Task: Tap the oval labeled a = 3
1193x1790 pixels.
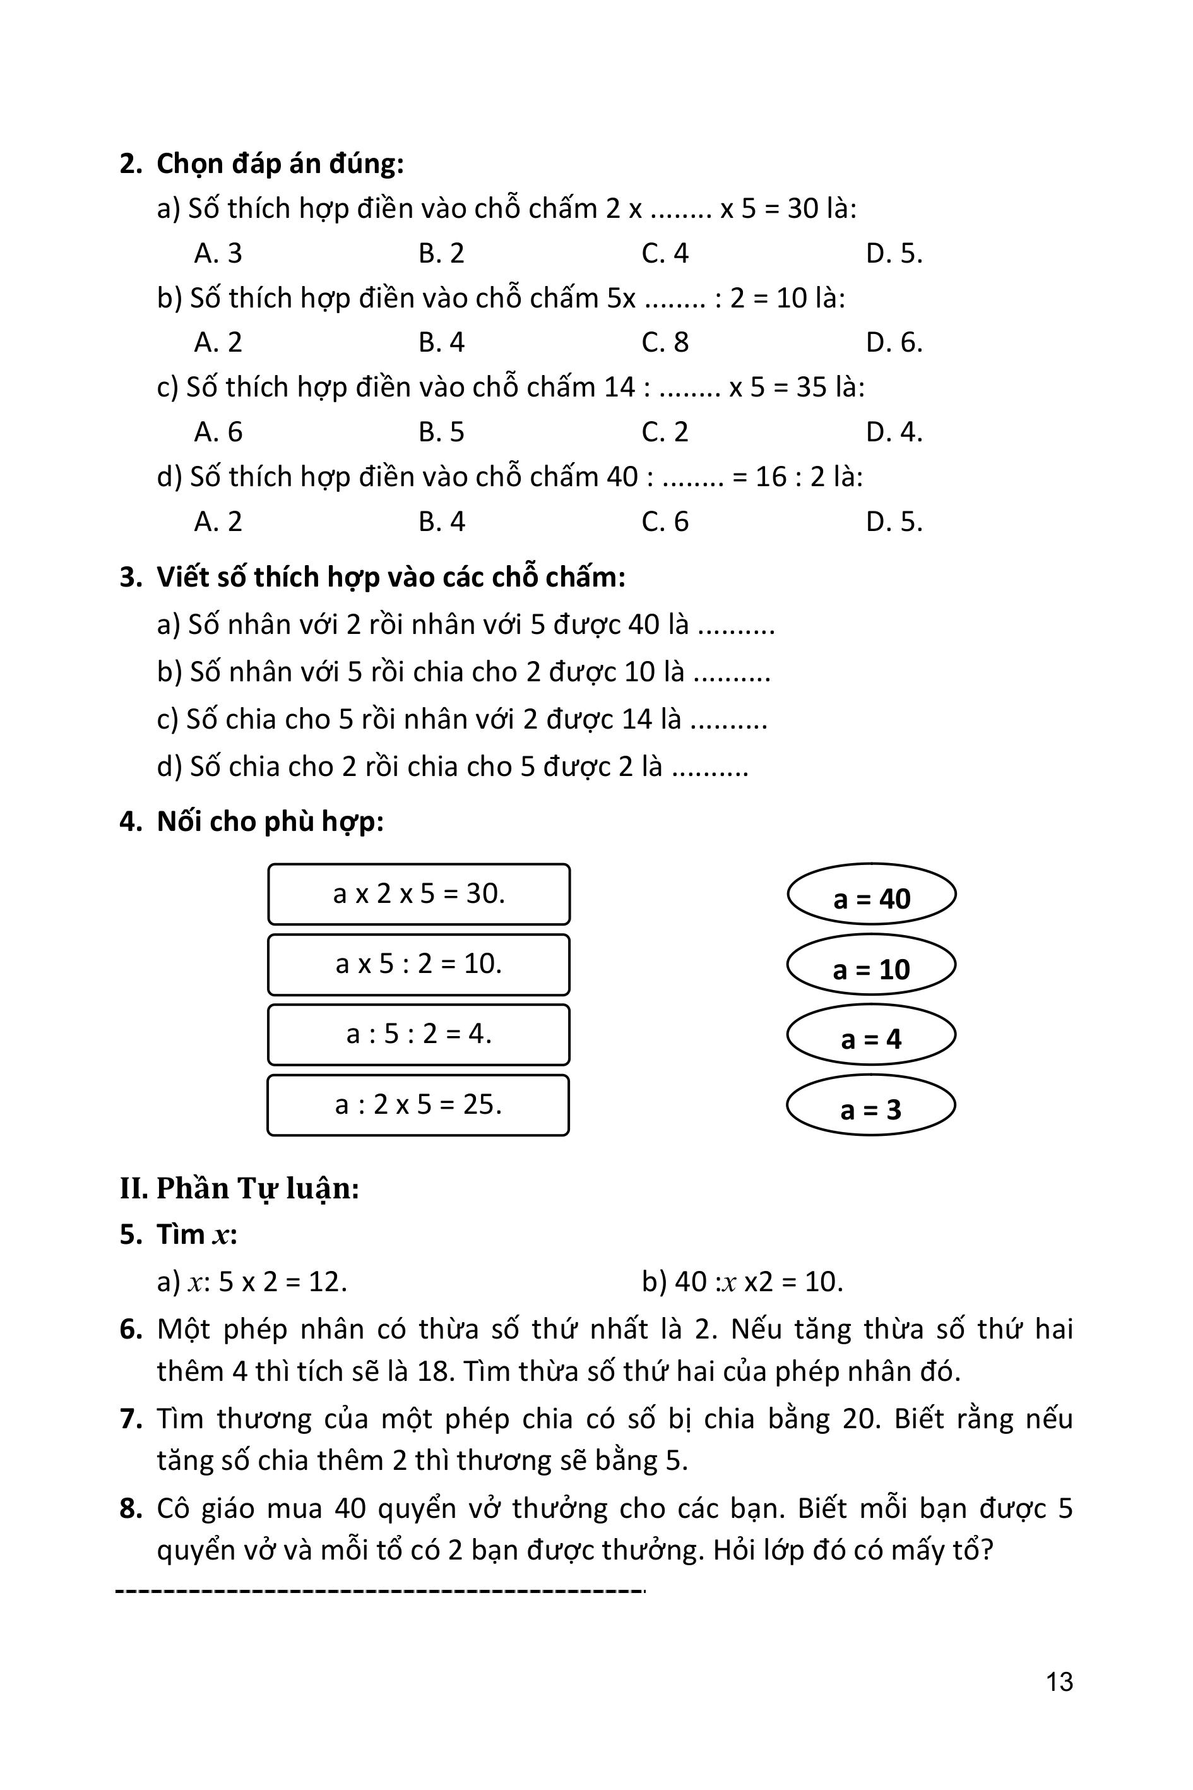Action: click(x=871, y=1106)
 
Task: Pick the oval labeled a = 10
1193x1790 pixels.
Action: click(x=871, y=965)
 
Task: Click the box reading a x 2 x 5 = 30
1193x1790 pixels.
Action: click(x=418, y=894)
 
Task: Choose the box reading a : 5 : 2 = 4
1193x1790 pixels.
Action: click(x=418, y=1035)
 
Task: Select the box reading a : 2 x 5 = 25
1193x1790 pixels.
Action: click(x=418, y=1105)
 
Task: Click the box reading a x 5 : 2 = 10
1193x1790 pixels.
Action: click(x=418, y=965)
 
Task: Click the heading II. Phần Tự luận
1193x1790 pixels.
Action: click(x=239, y=1188)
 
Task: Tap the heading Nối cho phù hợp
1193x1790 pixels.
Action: click(x=270, y=822)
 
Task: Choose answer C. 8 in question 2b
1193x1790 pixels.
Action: click(x=665, y=342)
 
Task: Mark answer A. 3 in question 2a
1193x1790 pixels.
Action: click(x=218, y=253)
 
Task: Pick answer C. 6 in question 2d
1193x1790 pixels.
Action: click(x=665, y=522)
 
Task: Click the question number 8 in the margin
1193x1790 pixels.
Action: click(x=131, y=1508)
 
